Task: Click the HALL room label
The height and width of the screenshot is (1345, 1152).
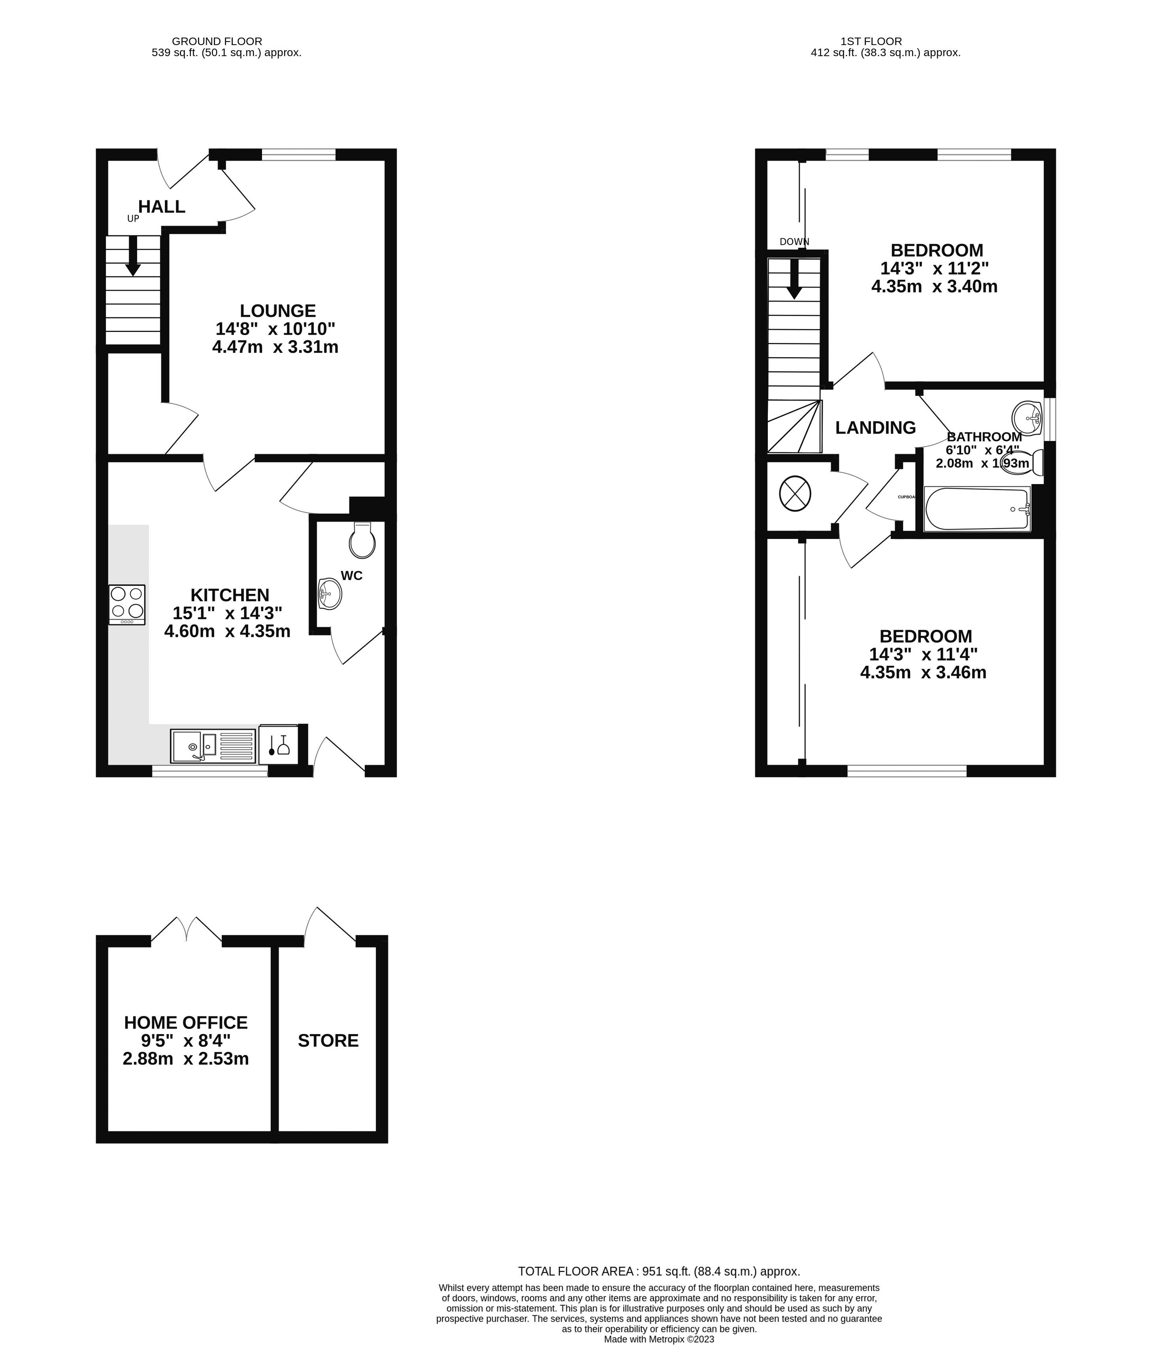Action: [162, 206]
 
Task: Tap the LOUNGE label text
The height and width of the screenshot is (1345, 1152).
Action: [277, 311]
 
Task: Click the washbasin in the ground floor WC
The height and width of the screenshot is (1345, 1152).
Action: [330, 593]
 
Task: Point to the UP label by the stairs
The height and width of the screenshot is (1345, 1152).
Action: [133, 219]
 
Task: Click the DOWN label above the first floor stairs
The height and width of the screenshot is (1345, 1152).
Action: [794, 241]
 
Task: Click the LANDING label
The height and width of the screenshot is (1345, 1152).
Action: [875, 428]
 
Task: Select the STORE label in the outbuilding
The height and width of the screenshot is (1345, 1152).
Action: [328, 1041]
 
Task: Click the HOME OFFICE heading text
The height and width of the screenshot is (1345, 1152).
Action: [186, 1023]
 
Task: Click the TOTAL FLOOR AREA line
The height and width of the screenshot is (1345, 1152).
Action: [658, 1271]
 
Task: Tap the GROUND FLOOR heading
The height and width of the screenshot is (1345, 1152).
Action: [217, 41]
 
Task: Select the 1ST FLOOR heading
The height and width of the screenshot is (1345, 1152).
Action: [871, 41]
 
